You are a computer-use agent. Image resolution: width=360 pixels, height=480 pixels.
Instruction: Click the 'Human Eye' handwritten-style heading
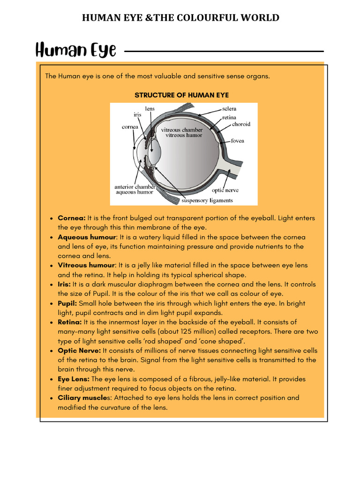75,50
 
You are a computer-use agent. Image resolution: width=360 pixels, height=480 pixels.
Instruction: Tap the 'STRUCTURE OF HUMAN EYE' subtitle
182,95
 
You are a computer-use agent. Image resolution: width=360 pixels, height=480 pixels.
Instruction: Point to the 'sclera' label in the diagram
232,109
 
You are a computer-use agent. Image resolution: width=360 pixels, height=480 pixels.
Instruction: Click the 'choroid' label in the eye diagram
241,124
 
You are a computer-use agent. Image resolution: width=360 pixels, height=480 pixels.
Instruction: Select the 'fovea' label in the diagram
237,141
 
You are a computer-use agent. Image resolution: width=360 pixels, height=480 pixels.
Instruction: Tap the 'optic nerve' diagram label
225,190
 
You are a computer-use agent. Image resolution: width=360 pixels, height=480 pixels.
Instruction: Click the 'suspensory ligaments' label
207,201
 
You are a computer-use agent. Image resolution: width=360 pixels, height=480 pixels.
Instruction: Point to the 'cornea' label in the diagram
130,127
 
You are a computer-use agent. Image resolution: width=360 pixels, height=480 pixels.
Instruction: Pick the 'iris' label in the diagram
137,114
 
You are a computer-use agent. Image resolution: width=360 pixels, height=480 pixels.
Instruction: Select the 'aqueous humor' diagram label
135,192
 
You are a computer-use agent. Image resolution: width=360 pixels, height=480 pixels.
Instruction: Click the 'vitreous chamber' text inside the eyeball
182,130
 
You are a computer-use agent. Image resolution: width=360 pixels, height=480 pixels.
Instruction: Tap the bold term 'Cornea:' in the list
71,218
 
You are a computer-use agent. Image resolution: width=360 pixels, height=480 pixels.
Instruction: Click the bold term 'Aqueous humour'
87,237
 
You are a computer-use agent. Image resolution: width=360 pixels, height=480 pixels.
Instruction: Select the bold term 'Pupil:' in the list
67,303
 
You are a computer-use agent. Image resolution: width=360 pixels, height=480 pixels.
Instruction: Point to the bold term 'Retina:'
69,322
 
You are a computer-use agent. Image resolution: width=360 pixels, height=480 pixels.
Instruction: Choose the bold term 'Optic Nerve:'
79,351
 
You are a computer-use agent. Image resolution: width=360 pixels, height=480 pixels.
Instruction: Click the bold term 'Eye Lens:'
74,379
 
